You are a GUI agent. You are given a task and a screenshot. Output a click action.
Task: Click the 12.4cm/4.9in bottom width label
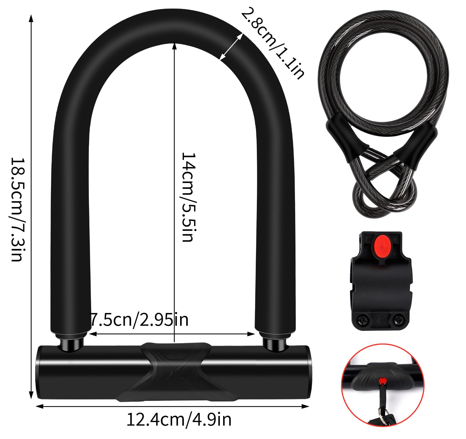click(x=179, y=420)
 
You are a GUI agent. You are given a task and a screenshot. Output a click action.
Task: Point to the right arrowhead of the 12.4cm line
click(x=306, y=406)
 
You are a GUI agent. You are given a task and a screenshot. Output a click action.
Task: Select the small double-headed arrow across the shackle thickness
click(x=231, y=47)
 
